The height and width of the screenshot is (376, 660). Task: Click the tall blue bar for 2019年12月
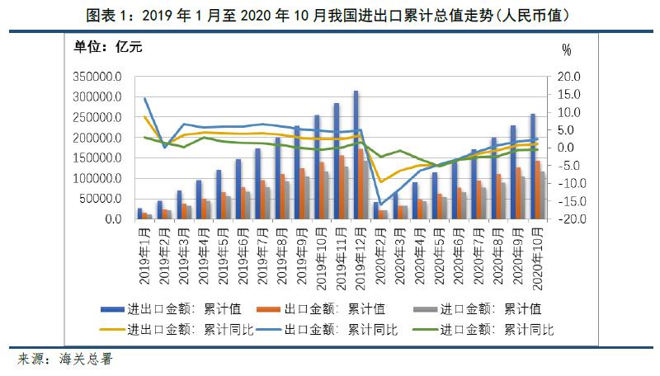point(356,157)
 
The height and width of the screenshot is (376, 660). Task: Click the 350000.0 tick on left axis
point(98,77)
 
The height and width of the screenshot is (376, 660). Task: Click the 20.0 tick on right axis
point(569,77)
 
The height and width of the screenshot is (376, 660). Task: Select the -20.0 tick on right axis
point(568,219)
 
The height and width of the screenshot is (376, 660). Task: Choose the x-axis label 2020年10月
point(537,256)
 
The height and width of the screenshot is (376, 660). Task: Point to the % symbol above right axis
point(566,49)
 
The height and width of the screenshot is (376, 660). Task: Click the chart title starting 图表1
point(330,15)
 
